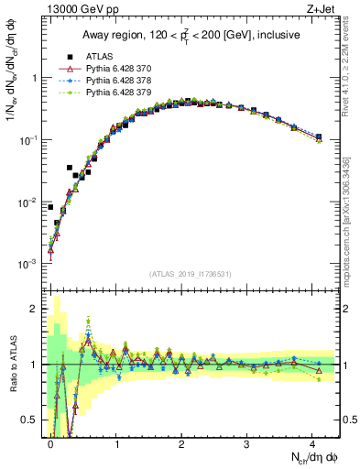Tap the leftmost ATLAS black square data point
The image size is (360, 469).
(x=50, y=207)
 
